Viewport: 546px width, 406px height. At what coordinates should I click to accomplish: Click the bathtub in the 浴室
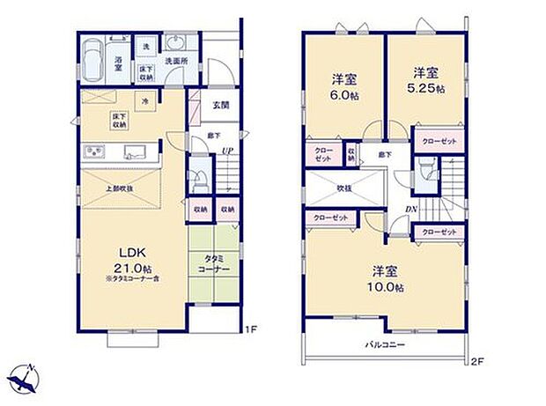pyautogui.click(x=92, y=63)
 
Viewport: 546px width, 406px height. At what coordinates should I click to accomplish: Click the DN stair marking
pyautogui.click(x=410, y=208)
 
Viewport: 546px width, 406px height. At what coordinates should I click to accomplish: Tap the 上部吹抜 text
pyautogui.click(x=120, y=188)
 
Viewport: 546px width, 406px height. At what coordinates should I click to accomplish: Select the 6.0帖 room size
pyautogui.click(x=345, y=91)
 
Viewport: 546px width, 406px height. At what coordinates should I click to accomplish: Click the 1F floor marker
pyautogui.click(x=250, y=330)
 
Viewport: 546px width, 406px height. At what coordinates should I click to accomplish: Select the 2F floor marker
pyautogui.click(x=478, y=359)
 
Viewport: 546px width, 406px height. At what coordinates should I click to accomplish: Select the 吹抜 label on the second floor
pyautogui.click(x=343, y=188)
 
